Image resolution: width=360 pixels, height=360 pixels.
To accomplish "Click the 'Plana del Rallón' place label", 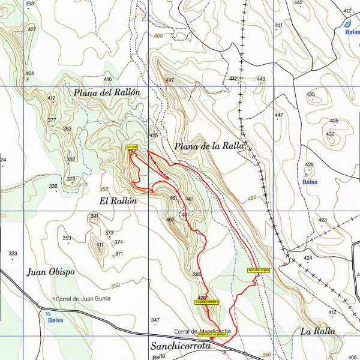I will tap(107, 92).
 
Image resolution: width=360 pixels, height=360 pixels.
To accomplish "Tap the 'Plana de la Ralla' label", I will tap(208, 146).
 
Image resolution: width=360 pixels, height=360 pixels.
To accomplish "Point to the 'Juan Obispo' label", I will tap(51, 272).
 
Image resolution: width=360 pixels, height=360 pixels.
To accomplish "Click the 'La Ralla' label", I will tap(318, 331).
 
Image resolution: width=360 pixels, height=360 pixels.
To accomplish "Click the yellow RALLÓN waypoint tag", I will tap(132, 147).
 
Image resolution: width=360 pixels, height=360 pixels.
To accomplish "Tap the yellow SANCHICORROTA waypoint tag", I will tap(208, 302).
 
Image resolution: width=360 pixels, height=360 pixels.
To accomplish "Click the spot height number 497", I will tap(170, 80).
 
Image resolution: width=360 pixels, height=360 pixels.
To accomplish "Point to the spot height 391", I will tap(94, 216).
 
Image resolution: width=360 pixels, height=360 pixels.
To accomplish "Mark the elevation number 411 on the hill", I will tap(100, 245).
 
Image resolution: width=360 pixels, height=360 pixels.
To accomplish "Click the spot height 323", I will tap(13, 254).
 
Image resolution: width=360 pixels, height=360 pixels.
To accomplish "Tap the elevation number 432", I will tap(331, 134).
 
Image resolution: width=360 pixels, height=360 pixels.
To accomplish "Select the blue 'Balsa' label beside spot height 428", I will tap(310, 181).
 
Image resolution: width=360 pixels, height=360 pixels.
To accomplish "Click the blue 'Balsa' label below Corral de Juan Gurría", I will tap(55, 320).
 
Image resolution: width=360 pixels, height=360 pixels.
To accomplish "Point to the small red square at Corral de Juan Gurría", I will tap(53, 298).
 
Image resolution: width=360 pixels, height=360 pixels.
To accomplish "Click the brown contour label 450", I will tap(251, 197).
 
